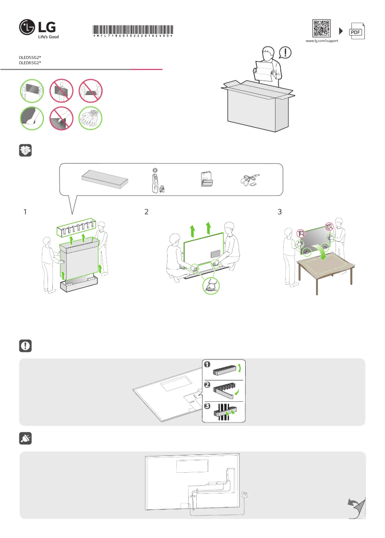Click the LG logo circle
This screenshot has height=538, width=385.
click(x=28, y=28)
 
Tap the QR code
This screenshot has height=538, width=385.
click(x=322, y=28)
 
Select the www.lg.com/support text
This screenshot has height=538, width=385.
click(x=322, y=41)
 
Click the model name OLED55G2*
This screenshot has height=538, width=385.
click(x=30, y=57)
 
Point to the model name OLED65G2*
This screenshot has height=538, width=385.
click(x=30, y=63)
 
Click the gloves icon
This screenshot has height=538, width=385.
click(x=90, y=118)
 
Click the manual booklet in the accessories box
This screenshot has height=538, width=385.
click(x=206, y=178)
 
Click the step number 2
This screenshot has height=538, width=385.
click(x=147, y=211)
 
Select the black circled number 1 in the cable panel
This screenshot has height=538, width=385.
click(x=207, y=364)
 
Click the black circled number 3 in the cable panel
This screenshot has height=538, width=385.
click(x=207, y=407)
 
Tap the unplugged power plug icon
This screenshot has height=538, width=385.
click(x=25, y=438)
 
